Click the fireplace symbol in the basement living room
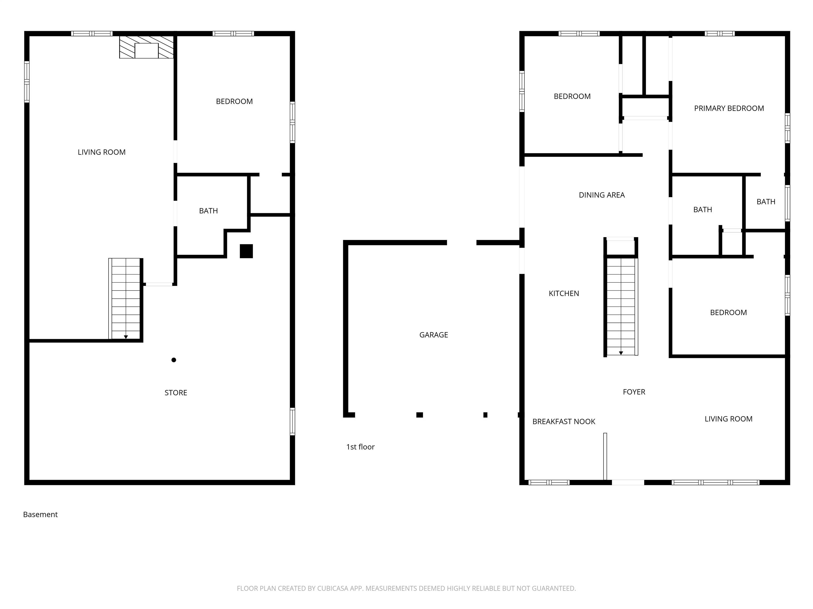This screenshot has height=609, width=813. (x=146, y=47)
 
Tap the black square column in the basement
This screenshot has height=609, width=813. (x=246, y=251)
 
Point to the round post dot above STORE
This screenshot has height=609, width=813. (x=174, y=360)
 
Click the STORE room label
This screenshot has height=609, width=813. (x=176, y=393)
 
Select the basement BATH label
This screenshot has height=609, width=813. (x=208, y=211)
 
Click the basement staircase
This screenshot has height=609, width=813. (x=126, y=298)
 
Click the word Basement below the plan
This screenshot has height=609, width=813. (x=40, y=514)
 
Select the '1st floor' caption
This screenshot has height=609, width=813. (x=360, y=447)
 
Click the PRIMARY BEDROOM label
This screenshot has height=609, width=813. (x=729, y=108)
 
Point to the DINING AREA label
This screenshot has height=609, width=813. (x=602, y=195)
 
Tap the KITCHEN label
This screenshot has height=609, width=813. (x=564, y=293)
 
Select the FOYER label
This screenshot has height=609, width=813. (x=634, y=392)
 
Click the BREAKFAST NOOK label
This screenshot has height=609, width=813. (x=564, y=421)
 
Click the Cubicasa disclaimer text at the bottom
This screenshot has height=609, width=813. (x=406, y=588)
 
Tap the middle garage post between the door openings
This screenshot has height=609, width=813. (x=419, y=415)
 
